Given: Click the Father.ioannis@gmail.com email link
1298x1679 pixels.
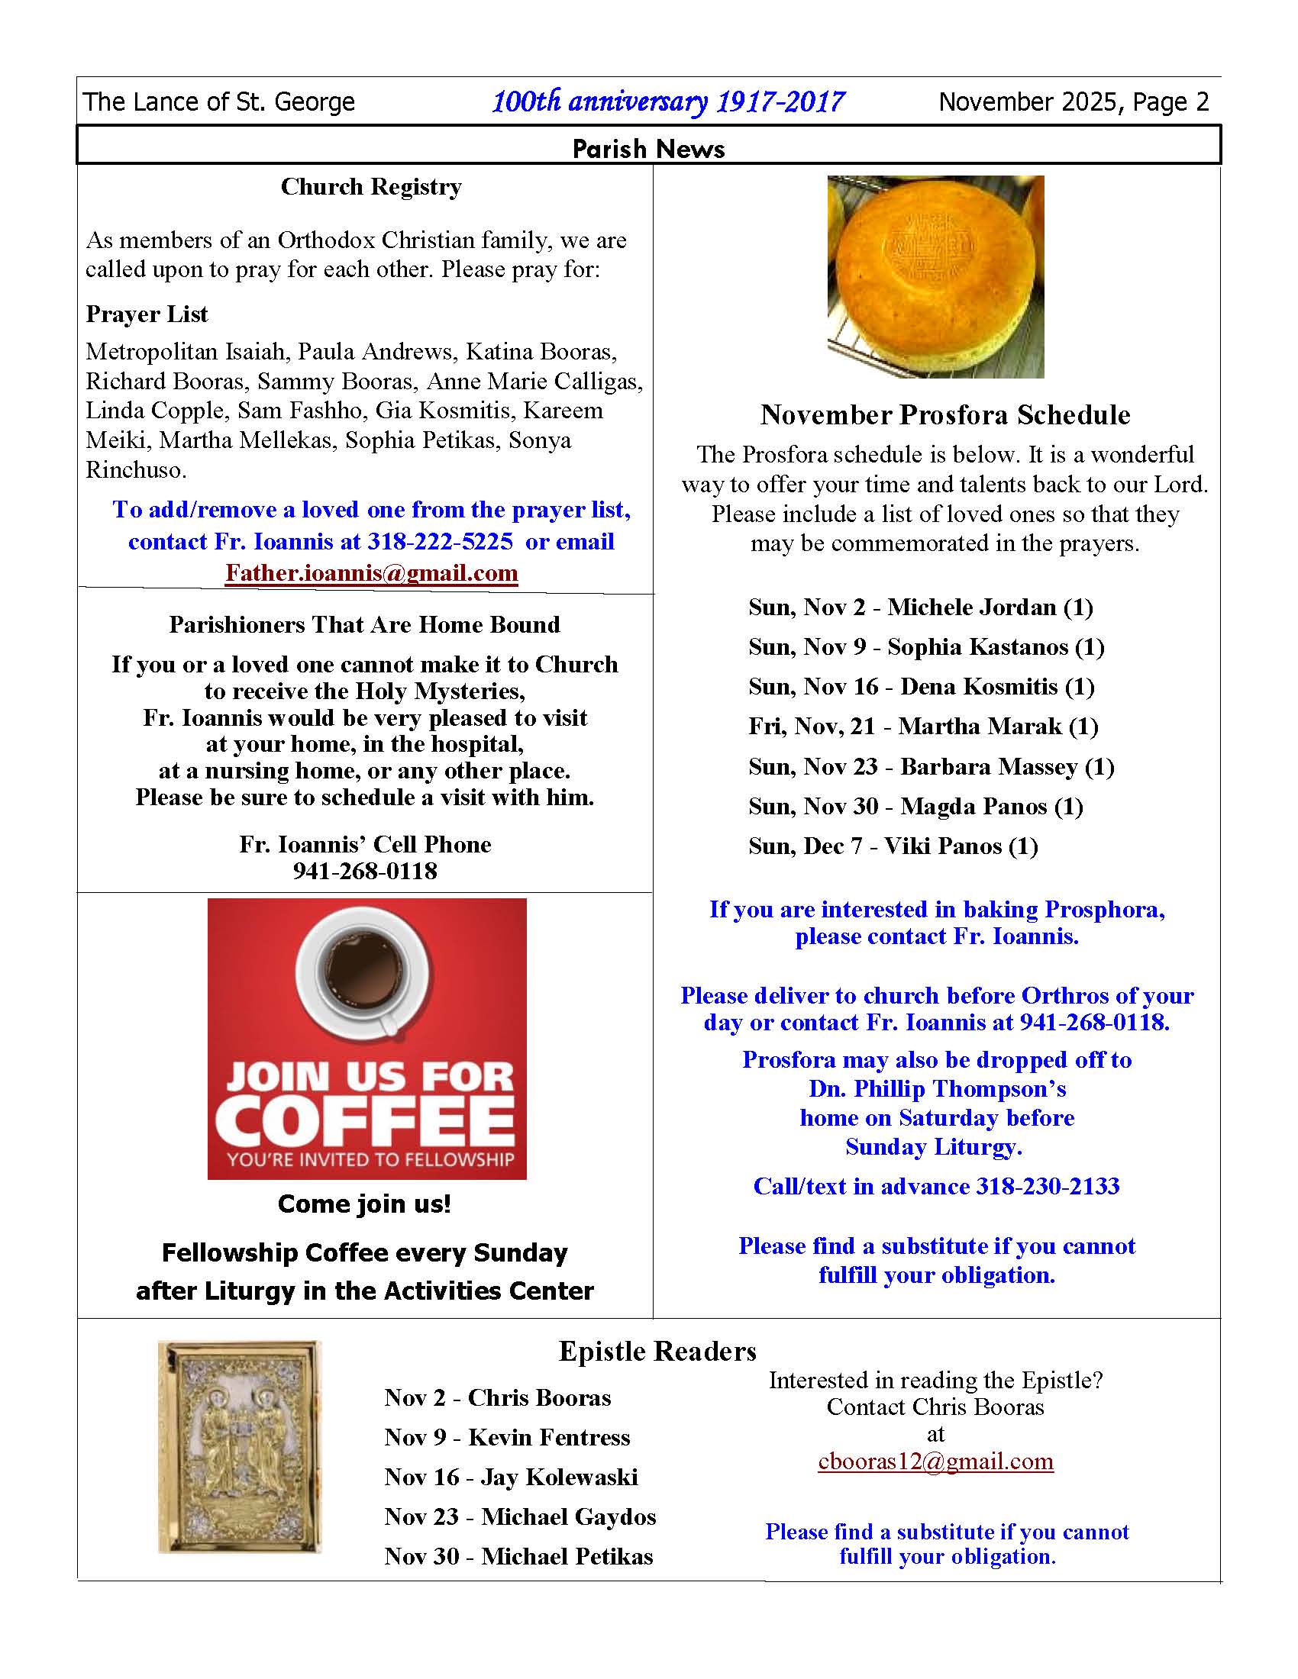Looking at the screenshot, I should pyautogui.click(x=371, y=573).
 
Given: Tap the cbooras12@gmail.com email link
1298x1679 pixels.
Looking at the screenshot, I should pyautogui.click(x=935, y=1461).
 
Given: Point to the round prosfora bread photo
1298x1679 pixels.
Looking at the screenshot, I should pyautogui.click(x=935, y=277).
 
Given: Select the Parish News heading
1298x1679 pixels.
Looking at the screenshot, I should pyautogui.click(x=648, y=148).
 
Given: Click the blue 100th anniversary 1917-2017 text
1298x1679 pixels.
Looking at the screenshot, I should pyautogui.click(x=667, y=102).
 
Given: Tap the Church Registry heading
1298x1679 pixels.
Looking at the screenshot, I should pyautogui.click(x=370, y=187).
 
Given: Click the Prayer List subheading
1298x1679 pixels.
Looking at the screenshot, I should pyautogui.click(x=146, y=314).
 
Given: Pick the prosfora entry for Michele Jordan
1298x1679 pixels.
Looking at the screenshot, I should pyautogui.click(x=921, y=607).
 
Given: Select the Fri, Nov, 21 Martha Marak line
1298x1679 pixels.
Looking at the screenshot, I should pyautogui.click(x=923, y=727).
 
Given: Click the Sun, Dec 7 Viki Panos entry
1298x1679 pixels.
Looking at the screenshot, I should pyautogui.click(x=893, y=846).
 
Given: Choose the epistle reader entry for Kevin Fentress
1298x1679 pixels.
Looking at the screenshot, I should pyautogui.click(x=507, y=1437).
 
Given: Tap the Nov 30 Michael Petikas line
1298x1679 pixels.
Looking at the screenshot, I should pyautogui.click(x=518, y=1556).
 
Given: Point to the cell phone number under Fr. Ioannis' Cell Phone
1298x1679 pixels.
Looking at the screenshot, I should pyautogui.click(x=364, y=871).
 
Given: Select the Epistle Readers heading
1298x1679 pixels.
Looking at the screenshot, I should pyautogui.click(x=657, y=1351).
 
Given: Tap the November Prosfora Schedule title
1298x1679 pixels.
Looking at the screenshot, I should pyautogui.click(x=945, y=415).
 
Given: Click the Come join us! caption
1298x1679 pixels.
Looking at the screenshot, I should pyautogui.click(x=364, y=1203).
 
